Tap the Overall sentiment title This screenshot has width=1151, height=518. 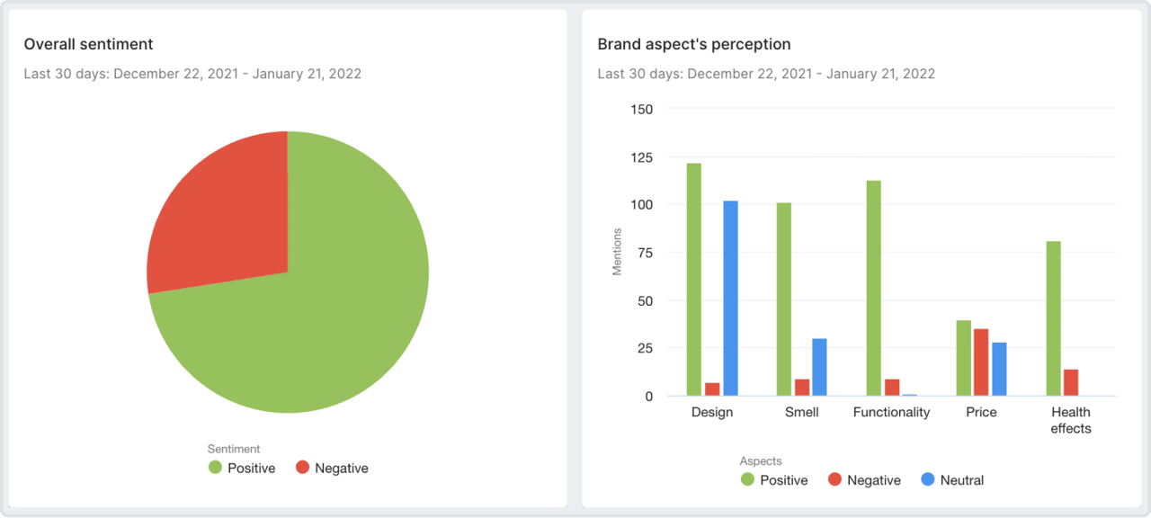coord(88,44)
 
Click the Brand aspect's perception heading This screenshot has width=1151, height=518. coord(693,44)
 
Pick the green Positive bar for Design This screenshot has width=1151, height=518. coord(693,279)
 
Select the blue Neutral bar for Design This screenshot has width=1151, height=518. coord(730,298)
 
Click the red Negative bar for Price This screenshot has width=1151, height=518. coord(981,362)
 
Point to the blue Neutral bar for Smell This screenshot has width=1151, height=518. coord(819,367)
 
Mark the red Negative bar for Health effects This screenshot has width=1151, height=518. coord(1071,382)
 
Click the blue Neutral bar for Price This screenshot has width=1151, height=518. coord(999,369)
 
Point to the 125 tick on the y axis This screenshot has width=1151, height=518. coord(642,157)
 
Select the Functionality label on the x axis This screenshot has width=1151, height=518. coord(891,412)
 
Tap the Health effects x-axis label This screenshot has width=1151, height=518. coord(1071,420)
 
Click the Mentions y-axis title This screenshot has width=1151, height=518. coord(617,252)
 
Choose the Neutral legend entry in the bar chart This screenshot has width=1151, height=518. coord(952,480)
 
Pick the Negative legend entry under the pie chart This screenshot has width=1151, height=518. coord(332,468)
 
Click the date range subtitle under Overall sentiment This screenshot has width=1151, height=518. coord(192,74)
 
